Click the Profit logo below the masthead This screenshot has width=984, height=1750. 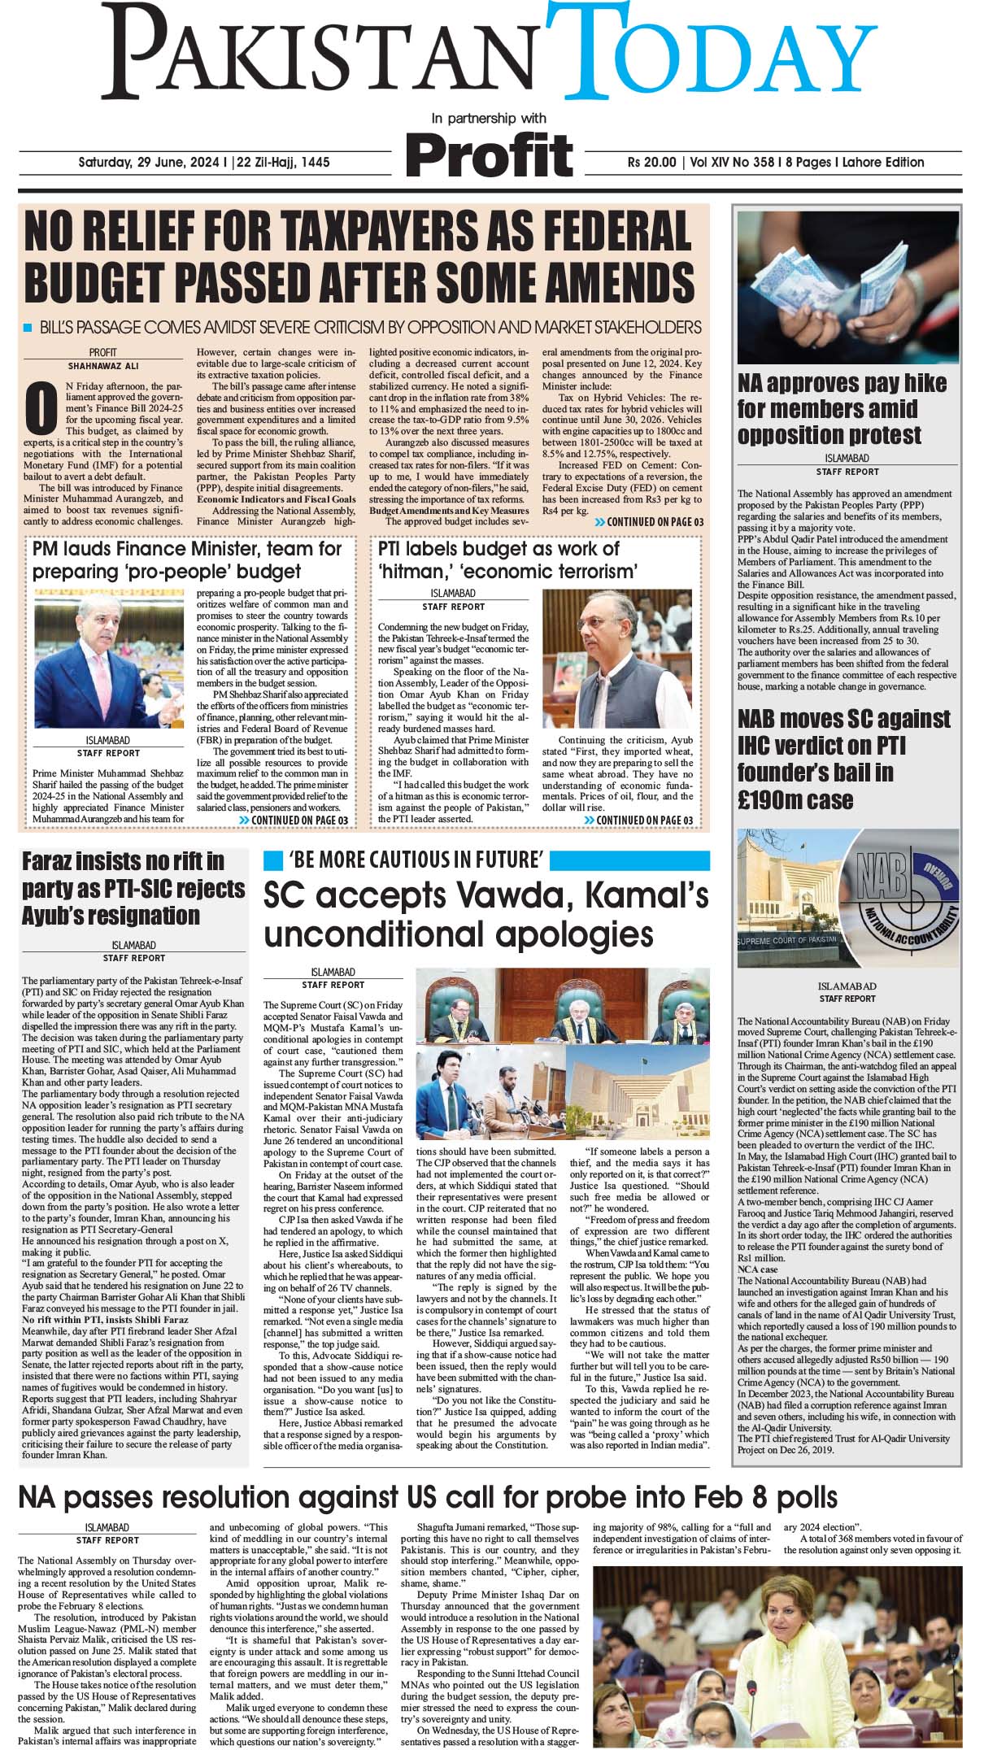[490, 154]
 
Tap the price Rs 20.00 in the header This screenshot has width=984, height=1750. [651, 163]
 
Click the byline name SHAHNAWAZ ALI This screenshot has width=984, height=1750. [103, 366]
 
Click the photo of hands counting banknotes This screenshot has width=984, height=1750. [848, 285]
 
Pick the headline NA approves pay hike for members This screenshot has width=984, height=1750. [841, 408]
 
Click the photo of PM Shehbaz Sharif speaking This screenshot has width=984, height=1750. [108, 660]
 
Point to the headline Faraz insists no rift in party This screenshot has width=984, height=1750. [133, 888]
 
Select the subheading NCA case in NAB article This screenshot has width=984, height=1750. [757, 1269]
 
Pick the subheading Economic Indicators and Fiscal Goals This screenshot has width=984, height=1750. [276, 498]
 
